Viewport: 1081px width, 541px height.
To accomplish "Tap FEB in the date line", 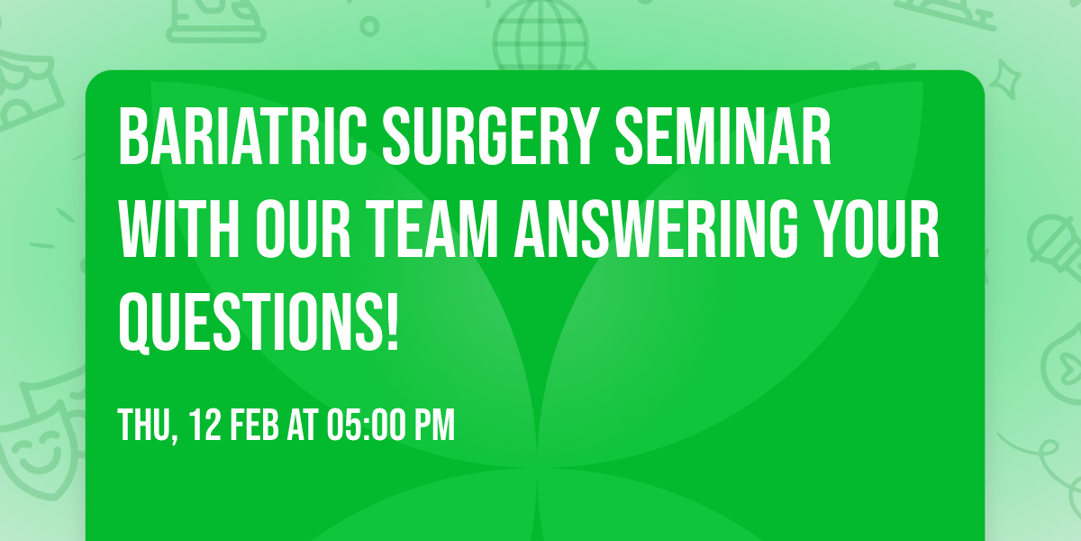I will click(x=256, y=425).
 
